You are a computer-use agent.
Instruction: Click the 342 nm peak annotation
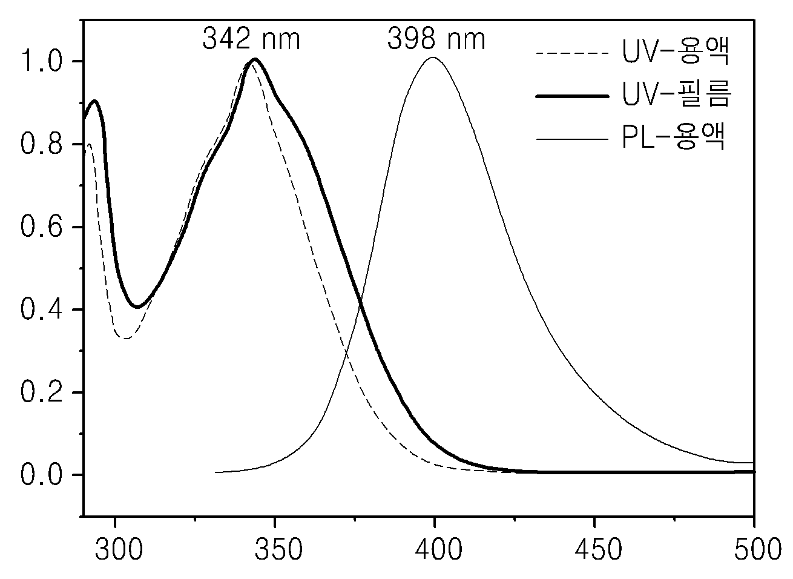tap(251, 39)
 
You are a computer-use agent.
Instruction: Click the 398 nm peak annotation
tap(436, 39)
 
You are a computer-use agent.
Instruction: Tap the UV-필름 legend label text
tap(677, 93)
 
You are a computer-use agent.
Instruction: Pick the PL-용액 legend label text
tap(673, 136)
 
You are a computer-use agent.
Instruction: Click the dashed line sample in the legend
tap(572, 54)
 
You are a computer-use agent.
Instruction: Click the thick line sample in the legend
tap(572, 96)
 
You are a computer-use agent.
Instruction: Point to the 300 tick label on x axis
tap(119, 549)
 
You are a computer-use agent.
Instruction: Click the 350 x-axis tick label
tap(278, 549)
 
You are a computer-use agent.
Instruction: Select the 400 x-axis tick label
tap(438, 549)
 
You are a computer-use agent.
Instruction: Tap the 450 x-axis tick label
tap(598, 549)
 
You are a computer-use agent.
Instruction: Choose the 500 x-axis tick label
tap(758, 549)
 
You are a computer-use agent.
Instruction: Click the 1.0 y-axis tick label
tap(41, 61)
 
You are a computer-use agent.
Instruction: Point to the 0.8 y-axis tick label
tap(41, 144)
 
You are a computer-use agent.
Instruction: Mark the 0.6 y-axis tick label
tap(41, 227)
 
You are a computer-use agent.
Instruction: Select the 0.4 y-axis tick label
tap(41, 309)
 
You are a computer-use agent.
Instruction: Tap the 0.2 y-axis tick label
tap(41, 392)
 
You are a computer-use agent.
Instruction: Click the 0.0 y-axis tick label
tap(41, 475)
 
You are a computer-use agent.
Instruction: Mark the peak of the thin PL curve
tap(433, 58)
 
